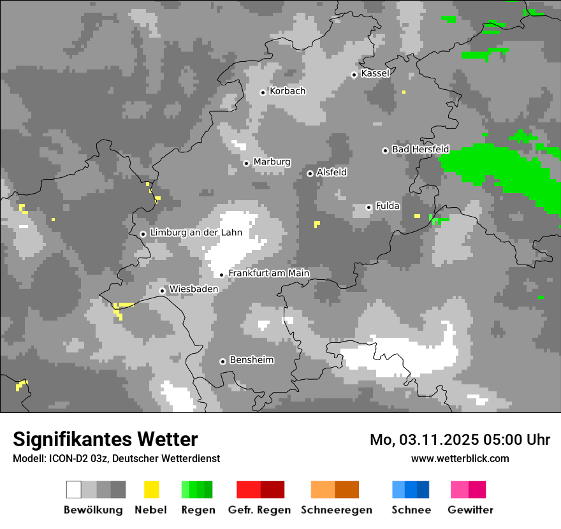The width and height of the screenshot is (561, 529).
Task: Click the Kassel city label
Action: (x=375, y=73)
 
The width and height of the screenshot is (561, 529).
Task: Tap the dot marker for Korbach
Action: (x=263, y=92)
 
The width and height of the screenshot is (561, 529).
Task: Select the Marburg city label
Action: (x=272, y=162)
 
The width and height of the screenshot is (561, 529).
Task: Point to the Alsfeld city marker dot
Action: (x=310, y=173)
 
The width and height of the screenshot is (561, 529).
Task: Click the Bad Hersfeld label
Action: (x=420, y=149)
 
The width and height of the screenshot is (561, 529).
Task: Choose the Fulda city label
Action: (x=388, y=206)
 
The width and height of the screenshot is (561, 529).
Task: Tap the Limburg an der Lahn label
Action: (x=196, y=233)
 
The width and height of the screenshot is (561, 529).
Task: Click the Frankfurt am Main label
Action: (x=268, y=273)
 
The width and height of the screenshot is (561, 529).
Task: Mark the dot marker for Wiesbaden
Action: (x=162, y=291)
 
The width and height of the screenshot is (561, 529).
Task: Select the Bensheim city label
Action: (x=251, y=360)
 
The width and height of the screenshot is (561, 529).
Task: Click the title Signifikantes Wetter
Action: (x=105, y=439)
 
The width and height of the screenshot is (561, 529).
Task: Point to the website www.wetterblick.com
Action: (x=460, y=458)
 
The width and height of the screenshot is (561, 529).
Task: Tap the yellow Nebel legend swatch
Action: (x=151, y=489)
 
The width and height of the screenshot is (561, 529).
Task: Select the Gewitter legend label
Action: (x=470, y=510)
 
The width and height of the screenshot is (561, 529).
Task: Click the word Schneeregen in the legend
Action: (x=336, y=510)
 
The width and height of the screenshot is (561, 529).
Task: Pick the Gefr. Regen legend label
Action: (x=259, y=510)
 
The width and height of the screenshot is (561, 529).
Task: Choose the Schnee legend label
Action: (x=411, y=510)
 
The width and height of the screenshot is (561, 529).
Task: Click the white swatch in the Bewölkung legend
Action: (x=74, y=489)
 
